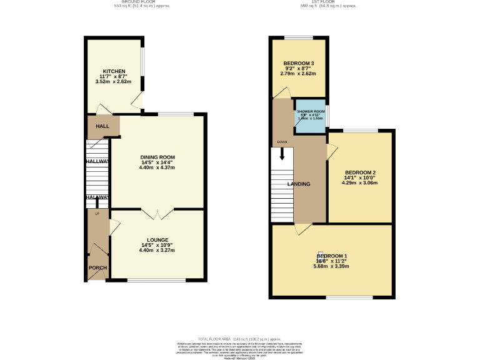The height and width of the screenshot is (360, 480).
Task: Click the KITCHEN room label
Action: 114,71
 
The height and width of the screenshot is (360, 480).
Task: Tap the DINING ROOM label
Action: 157,157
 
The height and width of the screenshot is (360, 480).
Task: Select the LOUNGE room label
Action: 157,239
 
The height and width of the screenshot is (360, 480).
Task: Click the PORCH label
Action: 97,268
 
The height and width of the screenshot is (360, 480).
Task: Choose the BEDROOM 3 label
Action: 299,64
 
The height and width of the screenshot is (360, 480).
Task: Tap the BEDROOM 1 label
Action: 332,257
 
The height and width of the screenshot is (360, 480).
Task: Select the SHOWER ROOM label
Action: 311,111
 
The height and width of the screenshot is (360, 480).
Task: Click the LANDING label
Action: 299,184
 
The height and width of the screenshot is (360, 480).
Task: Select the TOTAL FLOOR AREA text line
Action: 239,337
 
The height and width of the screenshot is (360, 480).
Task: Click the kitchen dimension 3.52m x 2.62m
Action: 114,81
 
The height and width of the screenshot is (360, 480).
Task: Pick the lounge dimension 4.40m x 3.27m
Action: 157,250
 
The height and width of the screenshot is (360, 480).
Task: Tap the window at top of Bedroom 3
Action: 299,38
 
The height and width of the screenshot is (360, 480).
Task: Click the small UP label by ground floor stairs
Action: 97,214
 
